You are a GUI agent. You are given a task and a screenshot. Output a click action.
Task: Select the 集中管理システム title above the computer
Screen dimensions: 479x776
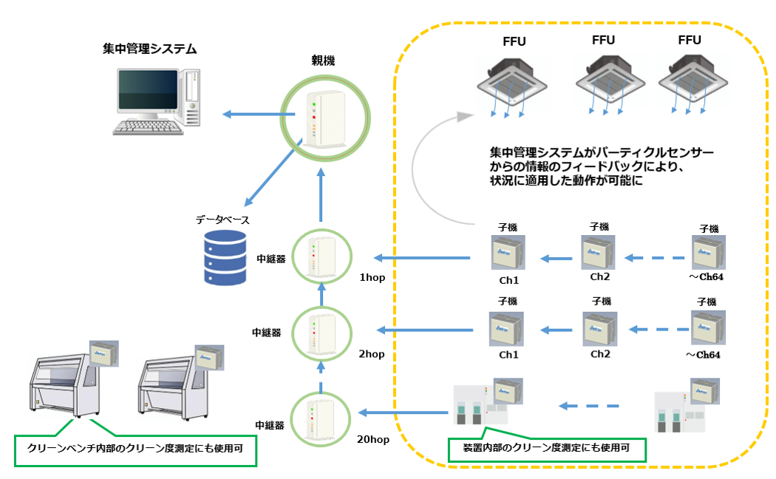(x=150, y=50)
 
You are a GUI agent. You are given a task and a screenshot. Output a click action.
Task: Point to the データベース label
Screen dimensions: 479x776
(x=222, y=220)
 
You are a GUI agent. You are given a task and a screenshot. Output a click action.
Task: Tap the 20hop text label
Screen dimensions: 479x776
(x=372, y=440)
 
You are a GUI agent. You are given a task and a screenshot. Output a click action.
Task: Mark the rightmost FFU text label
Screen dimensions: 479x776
(x=690, y=40)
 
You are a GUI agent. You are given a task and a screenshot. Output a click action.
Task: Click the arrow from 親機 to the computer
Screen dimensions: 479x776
(x=251, y=114)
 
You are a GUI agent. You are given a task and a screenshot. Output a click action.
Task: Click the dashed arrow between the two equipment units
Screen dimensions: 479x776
(x=589, y=405)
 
